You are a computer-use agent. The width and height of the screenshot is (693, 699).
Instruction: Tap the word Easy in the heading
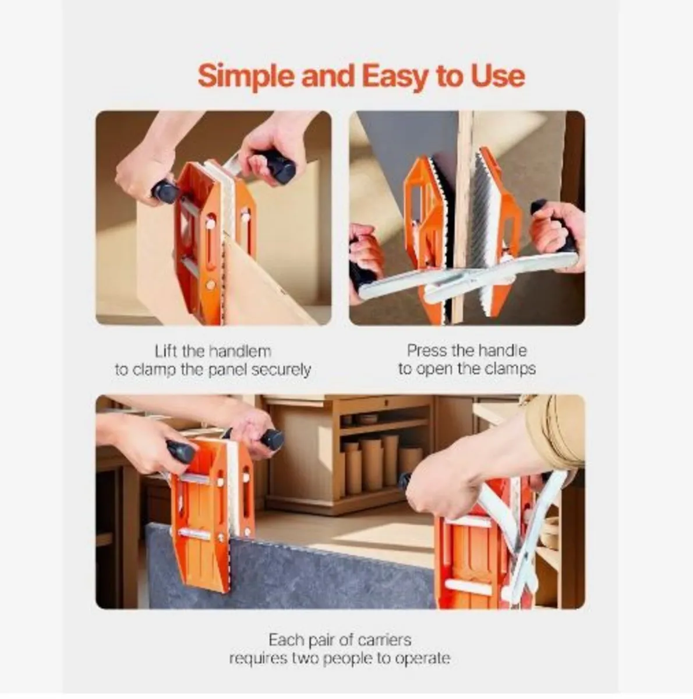(395, 77)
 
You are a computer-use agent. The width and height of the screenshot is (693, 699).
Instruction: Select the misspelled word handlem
(241, 351)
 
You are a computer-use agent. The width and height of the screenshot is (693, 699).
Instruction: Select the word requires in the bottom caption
(259, 659)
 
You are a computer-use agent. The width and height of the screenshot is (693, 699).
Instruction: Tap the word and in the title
(328, 76)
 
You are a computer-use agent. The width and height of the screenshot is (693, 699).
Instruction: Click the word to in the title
(451, 77)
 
